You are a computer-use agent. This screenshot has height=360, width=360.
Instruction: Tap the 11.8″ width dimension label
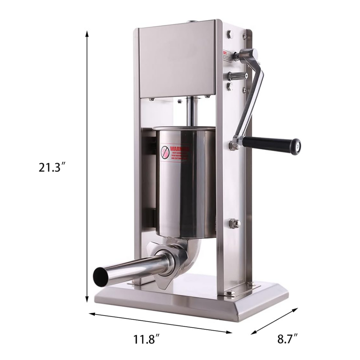pos(147,340)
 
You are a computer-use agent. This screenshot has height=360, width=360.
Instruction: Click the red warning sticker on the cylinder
pos(175,153)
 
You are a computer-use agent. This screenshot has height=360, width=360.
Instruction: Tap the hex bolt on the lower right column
pos(234,223)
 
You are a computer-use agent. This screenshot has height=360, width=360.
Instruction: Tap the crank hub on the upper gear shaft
pos(246,56)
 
